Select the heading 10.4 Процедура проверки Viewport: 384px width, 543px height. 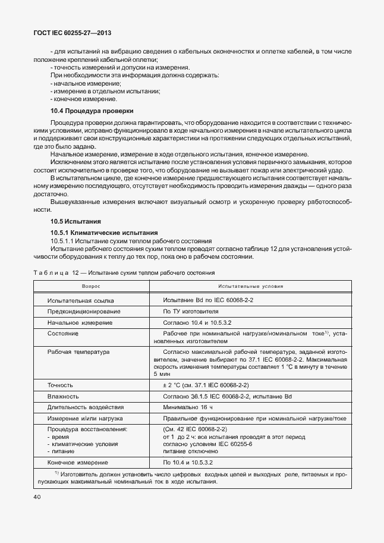(92, 111)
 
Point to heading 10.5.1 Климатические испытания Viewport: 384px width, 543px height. (100, 232)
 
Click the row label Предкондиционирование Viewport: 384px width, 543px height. (84, 311)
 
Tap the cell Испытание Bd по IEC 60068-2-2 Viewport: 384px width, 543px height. (208, 300)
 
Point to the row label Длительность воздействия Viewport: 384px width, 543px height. (86, 407)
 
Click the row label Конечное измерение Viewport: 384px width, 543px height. (77, 462)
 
